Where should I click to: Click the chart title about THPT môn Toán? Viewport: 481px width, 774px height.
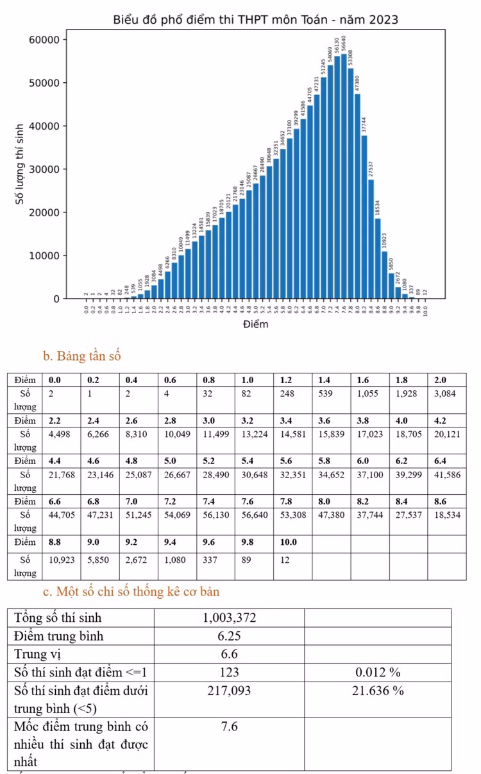tap(255, 20)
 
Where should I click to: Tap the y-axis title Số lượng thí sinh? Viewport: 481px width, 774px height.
tap(21, 164)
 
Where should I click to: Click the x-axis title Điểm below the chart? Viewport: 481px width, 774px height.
tap(255, 324)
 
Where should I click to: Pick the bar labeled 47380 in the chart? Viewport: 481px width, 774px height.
tap(358, 196)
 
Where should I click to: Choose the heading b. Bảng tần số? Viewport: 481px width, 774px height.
tap(81, 356)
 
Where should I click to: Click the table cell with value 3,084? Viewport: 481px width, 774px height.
tap(446, 394)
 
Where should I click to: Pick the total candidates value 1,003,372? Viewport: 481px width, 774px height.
tap(229, 618)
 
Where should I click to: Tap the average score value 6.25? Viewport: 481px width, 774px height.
tap(229, 636)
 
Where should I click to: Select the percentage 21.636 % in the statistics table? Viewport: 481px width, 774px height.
tap(378, 691)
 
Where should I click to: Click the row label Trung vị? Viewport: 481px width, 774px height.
tap(37, 654)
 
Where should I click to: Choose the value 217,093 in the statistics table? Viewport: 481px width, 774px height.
tap(229, 691)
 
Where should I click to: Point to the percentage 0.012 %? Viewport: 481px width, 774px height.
tap(378, 672)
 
